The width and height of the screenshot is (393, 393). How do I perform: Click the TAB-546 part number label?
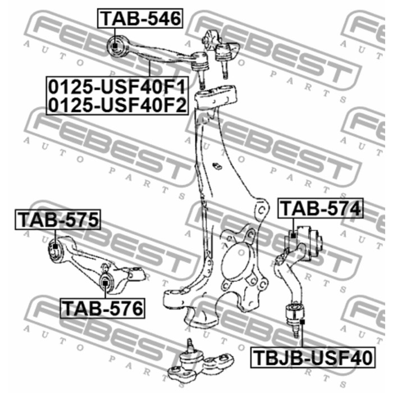tap(140, 19)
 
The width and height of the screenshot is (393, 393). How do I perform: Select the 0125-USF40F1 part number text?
tap(117, 86)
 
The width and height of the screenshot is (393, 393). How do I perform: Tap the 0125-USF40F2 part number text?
tap(117, 105)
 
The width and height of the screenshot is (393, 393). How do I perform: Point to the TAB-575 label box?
tap(58, 220)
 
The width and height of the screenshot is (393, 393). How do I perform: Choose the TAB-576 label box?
tap(103, 308)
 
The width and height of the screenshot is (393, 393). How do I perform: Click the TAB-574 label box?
tap(321, 208)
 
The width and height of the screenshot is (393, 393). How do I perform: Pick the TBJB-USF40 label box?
tap(313, 358)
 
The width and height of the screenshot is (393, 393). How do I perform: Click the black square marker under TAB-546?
tap(115, 47)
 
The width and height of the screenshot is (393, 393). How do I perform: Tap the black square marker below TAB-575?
tap(55, 246)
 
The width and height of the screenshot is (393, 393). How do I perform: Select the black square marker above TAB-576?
tap(106, 283)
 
